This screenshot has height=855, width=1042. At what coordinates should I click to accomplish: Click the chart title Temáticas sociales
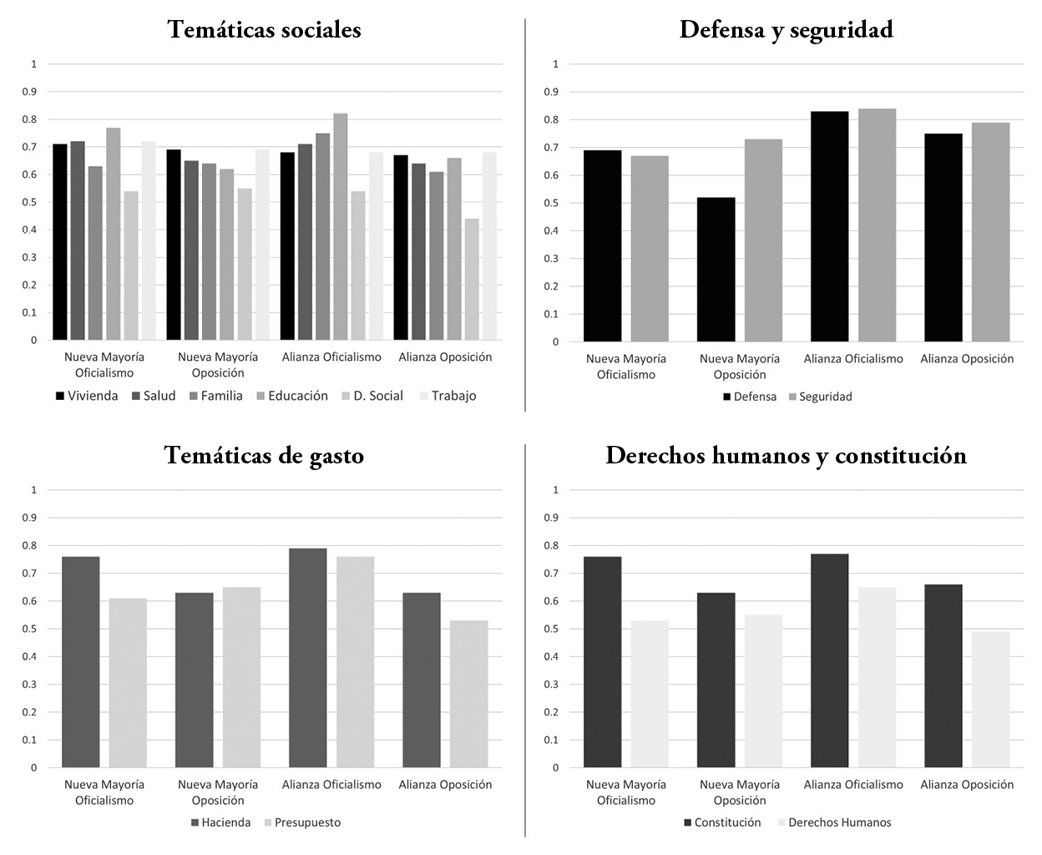click(264, 30)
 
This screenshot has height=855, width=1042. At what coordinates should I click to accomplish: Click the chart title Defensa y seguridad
click(786, 30)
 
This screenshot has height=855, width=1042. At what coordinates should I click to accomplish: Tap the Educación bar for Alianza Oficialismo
click(341, 227)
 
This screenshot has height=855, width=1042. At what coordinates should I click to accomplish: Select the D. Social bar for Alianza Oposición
click(472, 280)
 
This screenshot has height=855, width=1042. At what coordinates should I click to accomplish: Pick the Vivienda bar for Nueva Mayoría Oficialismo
click(60, 242)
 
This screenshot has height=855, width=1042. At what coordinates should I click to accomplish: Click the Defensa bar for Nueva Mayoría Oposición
click(716, 270)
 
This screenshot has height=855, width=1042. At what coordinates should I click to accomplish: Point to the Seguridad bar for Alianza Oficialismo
click(877, 225)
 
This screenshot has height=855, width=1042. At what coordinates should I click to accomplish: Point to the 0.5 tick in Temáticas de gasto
click(34, 629)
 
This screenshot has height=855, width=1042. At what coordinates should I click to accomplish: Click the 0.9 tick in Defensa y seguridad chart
click(555, 92)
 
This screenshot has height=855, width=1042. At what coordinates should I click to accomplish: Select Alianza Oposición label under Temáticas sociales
click(445, 357)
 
